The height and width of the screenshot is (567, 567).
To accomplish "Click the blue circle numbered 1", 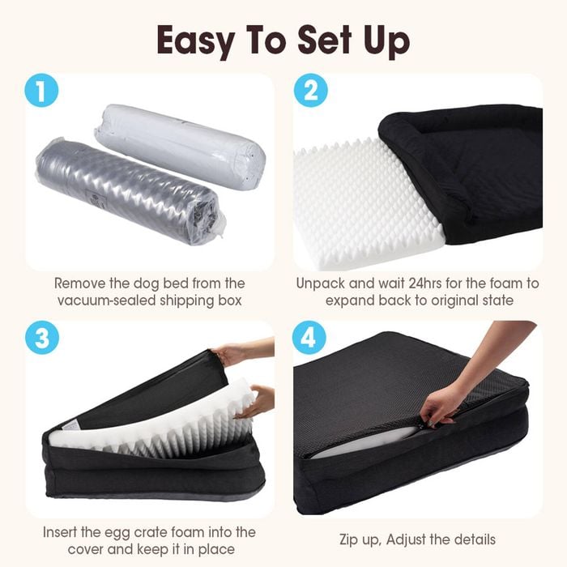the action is click(41, 91).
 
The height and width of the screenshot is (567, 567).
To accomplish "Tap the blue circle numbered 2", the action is click(310, 91).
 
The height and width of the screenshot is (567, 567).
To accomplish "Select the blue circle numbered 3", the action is click(42, 338).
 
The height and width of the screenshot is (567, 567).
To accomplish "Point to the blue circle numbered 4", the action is click(309, 338).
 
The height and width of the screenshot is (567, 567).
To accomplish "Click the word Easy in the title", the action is click(196, 41).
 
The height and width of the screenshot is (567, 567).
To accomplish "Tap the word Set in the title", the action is click(324, 40).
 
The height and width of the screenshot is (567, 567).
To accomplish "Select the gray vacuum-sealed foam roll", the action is click(130, 190).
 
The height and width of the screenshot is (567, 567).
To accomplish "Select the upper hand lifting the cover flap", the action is click(243, 352).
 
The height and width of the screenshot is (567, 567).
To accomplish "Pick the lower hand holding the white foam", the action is click(255, 402).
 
